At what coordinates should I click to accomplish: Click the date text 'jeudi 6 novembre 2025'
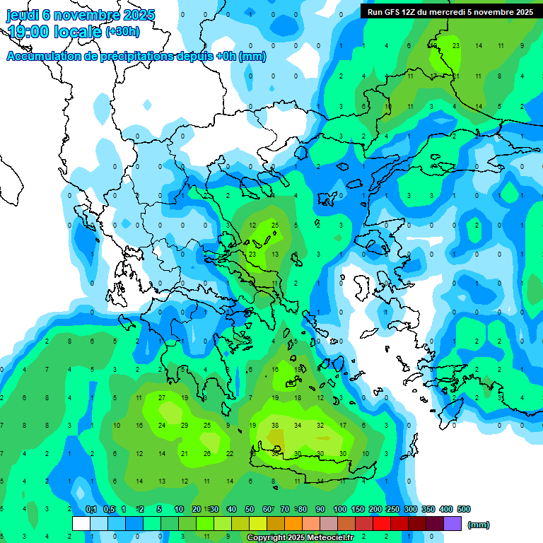81,15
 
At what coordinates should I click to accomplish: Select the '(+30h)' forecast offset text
122,32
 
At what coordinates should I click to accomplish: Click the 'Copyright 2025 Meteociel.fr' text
300,537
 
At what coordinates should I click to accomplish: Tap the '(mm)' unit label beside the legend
479,525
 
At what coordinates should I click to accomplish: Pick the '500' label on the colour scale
463,509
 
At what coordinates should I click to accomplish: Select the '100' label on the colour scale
339,509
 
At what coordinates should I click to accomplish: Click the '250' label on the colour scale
392,509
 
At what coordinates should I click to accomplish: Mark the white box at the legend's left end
81,524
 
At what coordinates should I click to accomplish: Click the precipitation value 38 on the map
275,426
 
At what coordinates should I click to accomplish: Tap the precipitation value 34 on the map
298,426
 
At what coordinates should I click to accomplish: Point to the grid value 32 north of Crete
320,426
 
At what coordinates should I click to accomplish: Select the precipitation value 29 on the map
185,426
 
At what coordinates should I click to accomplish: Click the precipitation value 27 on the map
162,398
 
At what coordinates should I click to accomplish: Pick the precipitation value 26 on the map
207,453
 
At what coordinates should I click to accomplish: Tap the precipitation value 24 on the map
162,426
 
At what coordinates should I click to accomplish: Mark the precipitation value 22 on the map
230,453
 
